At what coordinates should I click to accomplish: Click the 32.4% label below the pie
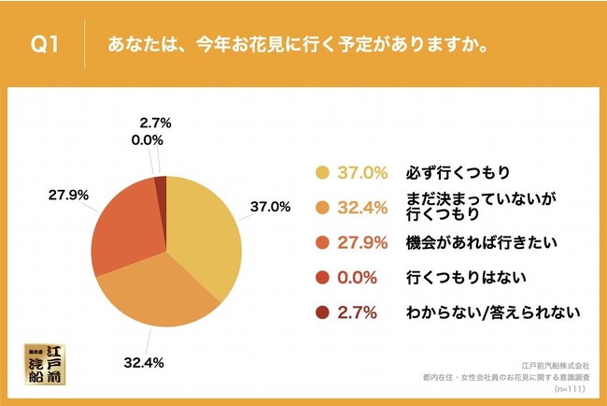pyautogui.click(x=142, y=357)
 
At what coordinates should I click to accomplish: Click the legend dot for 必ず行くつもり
pyautogui.click(x=323, y=172)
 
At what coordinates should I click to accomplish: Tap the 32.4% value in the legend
pyautogui.click(x=364, y=207)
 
